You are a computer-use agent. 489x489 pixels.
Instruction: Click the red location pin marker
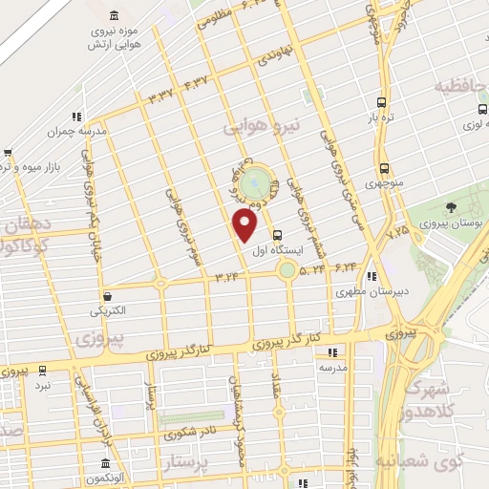[246, 225]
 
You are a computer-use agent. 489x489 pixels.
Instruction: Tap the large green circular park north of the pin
[255, 182]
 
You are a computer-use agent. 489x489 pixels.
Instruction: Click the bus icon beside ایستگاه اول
[278, 235]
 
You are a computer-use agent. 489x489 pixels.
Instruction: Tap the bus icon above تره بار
[382, 102]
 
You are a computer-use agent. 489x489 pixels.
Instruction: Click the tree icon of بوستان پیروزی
[451, 207]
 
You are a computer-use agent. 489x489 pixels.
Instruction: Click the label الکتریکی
[108, 311]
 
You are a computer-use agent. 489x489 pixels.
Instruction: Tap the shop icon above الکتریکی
[107, 296]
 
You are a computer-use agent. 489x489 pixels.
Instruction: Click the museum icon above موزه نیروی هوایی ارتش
[115, 16]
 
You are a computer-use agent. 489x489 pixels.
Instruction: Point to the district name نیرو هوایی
[261, 125]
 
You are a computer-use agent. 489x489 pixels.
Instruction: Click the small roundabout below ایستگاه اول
[287, 271]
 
